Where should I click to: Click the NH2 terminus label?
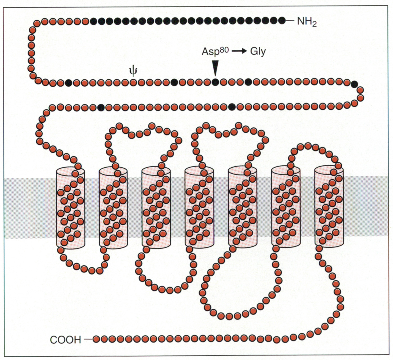coord(307,22)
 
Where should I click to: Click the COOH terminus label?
coord(65,340)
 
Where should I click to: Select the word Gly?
coord(258,52)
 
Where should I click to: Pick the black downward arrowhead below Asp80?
coord(215,68)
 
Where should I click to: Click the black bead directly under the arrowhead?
coord(215,82)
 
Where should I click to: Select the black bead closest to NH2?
coord(282,21)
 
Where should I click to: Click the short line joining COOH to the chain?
coord(88,339)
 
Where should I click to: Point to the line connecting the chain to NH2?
coord(290,21)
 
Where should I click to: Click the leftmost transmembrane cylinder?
coord(70,208)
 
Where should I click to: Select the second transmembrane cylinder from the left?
coord(113,208)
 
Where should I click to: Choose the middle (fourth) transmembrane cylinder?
coord(199,208)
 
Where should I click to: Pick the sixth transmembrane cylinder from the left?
coord(285,208)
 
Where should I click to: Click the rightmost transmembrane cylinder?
coord(329,208)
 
